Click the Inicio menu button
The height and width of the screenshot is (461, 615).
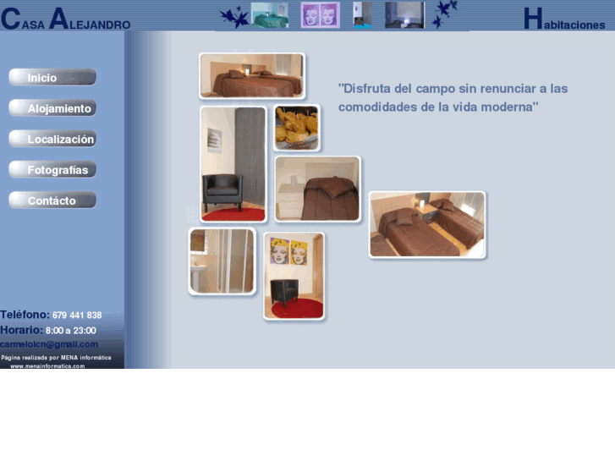point(52,78)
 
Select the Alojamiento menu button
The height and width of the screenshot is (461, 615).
point(52,108)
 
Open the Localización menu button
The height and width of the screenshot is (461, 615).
point(52,140)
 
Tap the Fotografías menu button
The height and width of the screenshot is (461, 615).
point(52,170)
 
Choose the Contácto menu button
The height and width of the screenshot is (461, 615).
point(52,200)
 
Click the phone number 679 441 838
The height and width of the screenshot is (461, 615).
point(77,316)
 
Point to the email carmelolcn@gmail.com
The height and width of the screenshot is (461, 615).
point(49,344)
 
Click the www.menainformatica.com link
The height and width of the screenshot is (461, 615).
point(47,366)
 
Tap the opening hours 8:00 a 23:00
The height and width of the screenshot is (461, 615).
point(71,331)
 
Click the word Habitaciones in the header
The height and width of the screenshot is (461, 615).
point(564,20)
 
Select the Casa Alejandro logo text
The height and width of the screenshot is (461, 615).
point(66,19)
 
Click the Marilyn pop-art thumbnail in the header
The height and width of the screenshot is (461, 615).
point(321,15)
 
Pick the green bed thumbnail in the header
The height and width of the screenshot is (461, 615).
point(270,15)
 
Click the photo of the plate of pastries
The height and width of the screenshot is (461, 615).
point(297,128)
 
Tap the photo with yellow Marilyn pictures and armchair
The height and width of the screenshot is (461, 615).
point(294,276)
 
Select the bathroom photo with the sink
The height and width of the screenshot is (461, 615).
point(222,261)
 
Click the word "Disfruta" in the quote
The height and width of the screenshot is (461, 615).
point(368,89)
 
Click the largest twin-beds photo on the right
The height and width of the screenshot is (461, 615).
point(427,224)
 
